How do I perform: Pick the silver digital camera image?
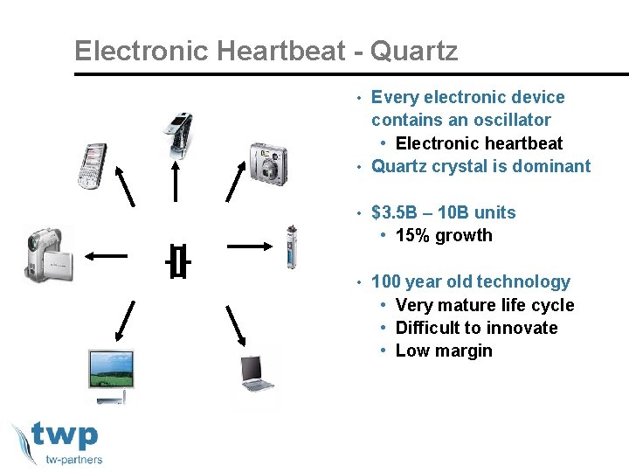coord(267,162)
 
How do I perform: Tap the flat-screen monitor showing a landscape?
coord(111,376)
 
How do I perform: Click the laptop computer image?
coord(257,373)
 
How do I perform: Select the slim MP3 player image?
coord(292,247)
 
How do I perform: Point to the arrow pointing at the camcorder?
coord(106,256)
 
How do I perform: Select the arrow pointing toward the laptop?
coord(235,326)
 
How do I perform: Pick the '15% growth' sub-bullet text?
coord(444,235)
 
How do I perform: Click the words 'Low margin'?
coord(444,351)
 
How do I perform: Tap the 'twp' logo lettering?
coord(65,435)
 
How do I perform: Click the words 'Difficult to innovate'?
coord(476,328)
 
